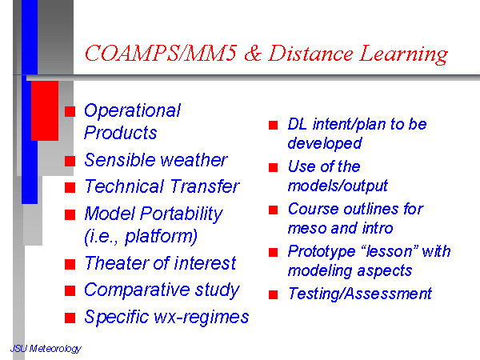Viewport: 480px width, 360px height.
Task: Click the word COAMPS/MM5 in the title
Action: pos(161,54)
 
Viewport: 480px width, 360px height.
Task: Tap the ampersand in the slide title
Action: pos(253,54)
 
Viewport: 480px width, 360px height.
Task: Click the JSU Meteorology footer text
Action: pos(46,349)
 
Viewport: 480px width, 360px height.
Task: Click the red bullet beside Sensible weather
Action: pos(70,161)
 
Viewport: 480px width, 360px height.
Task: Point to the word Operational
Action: pos(132,111)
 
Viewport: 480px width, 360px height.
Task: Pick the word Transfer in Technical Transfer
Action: pos(205,186)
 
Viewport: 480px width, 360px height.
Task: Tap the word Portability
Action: pos(182,214)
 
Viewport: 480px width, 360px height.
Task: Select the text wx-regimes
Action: pos(202,317)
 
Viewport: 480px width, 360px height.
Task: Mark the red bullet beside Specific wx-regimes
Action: pos(70,318)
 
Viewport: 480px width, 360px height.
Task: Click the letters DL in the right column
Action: pos(298,124)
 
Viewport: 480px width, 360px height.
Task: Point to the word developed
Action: pos(325,143)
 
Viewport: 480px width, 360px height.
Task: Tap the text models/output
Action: pos(338,186)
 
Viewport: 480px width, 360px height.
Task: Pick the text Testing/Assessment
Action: pos(360,294)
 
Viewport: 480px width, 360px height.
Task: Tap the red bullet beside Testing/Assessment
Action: pos(273,294)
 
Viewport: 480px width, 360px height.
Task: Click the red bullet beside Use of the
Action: pos(273,167)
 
